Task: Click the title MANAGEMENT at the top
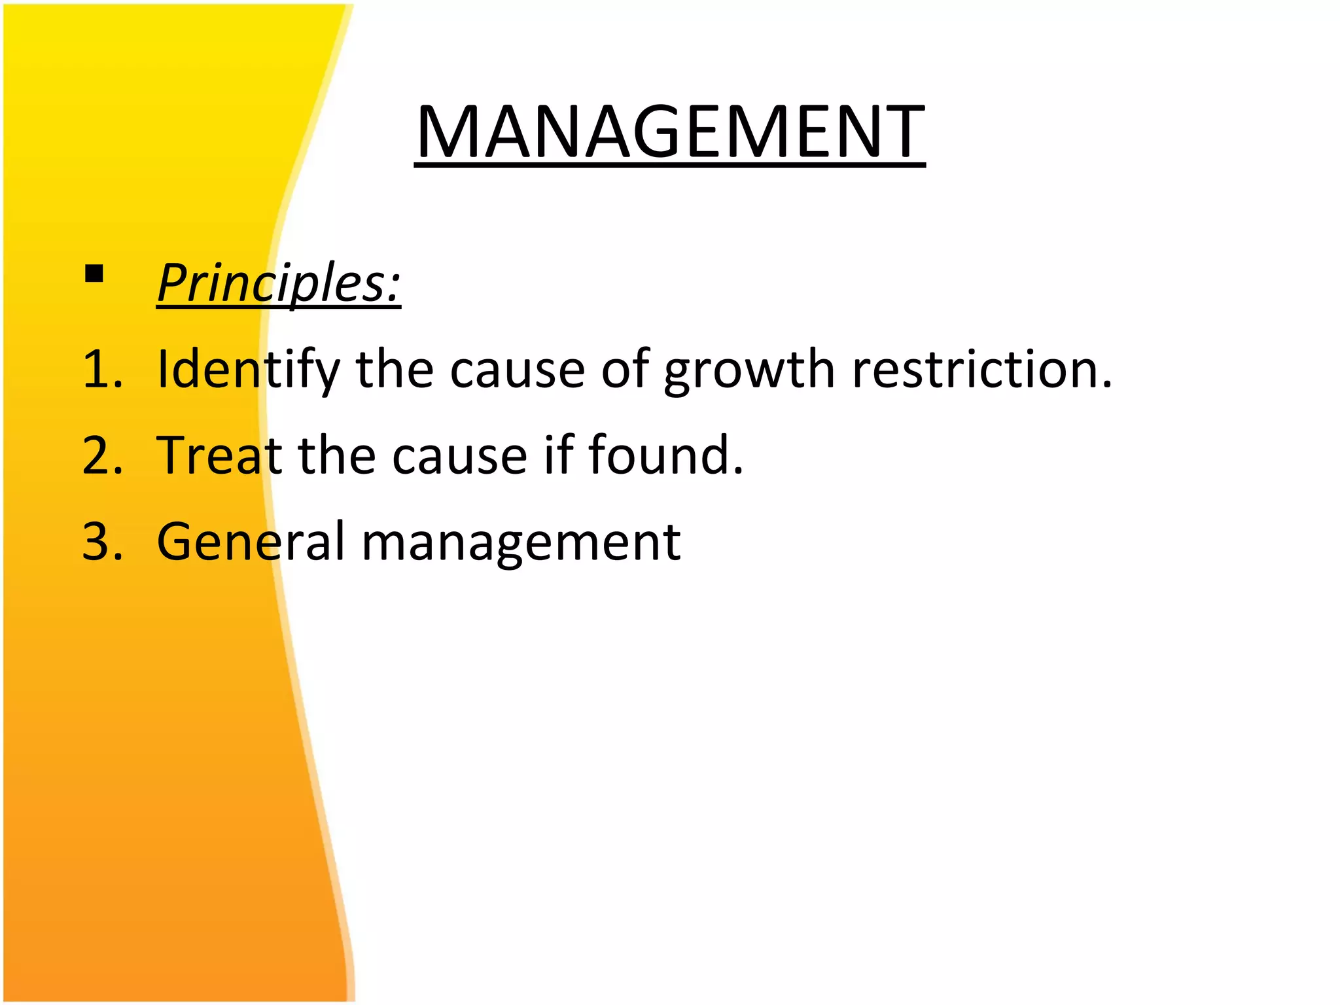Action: (x=669, y=132)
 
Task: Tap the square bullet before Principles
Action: (x=94, y=273)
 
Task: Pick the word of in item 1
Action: (x=625, y=370)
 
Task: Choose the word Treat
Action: (x=219, y=456)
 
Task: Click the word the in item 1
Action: (x=395, y=370)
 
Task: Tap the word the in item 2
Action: (x=337, y=456)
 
